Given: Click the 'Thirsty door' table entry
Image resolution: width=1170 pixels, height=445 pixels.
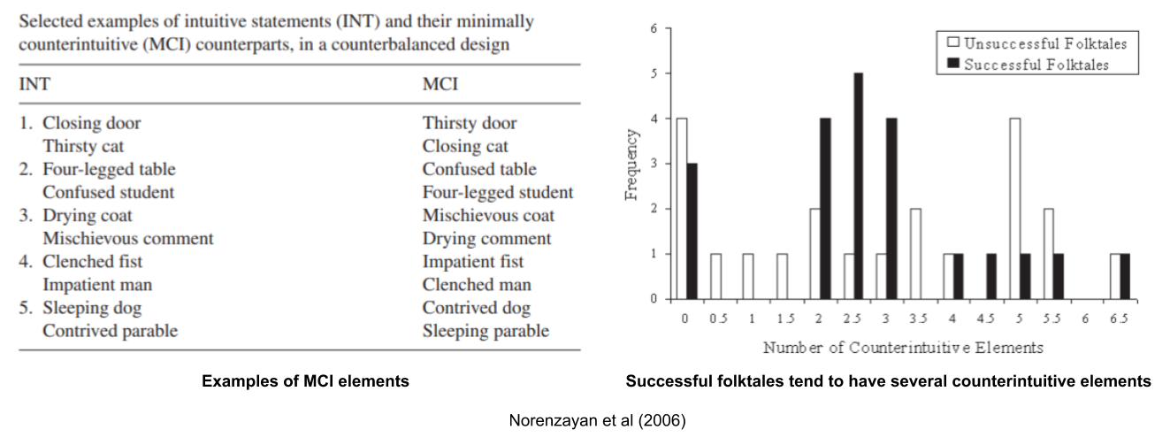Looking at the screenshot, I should (x=469, y=123).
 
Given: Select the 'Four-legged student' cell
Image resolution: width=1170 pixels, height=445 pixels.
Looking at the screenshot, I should (x=497, y=192).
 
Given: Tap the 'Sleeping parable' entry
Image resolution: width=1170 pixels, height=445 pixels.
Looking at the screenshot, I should (x=486, y=331).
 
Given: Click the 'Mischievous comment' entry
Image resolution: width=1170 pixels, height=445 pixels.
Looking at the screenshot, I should (x=128, y=238).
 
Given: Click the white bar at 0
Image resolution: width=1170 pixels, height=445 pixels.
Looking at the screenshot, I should (x=681, y=209).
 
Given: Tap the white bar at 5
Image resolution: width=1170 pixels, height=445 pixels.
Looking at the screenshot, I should (x=1015, y=209).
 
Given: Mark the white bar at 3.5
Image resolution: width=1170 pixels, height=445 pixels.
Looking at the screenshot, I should (x=915, y=254).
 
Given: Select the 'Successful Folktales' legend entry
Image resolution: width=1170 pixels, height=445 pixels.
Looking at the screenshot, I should (x=1036, y=64).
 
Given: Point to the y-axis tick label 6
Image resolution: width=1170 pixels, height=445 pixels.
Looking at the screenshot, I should (x=654, y=29).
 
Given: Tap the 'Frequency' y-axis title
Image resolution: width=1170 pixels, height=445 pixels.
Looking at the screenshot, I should (x=631, y=164).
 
